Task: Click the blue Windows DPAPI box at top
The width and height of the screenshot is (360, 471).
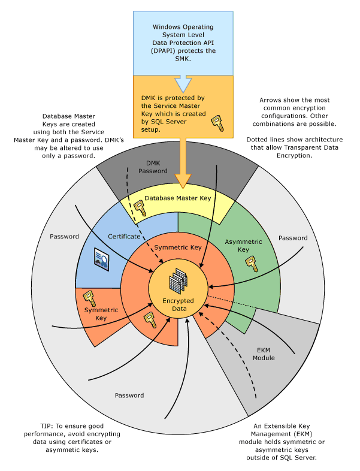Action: coord(184,39)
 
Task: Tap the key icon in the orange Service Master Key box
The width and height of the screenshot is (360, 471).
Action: coord(216,123)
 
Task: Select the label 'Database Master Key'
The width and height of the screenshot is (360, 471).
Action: coord(178,198)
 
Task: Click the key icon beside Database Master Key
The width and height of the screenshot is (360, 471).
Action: coord(139,207)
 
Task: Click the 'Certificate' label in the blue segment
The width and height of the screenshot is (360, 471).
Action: coord(123,236)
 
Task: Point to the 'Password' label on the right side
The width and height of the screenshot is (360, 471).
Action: coord(293,238)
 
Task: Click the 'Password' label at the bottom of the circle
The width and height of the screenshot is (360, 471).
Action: coord(129,395)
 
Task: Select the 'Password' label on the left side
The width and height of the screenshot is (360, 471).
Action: coord(65,236)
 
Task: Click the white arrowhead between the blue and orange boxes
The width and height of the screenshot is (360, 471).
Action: coord(184,83)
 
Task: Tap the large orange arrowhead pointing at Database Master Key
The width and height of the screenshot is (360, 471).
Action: coord(184,179)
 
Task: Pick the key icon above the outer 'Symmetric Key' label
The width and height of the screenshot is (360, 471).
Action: coord(89,297)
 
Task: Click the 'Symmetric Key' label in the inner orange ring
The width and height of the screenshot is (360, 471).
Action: coord(177,247)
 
